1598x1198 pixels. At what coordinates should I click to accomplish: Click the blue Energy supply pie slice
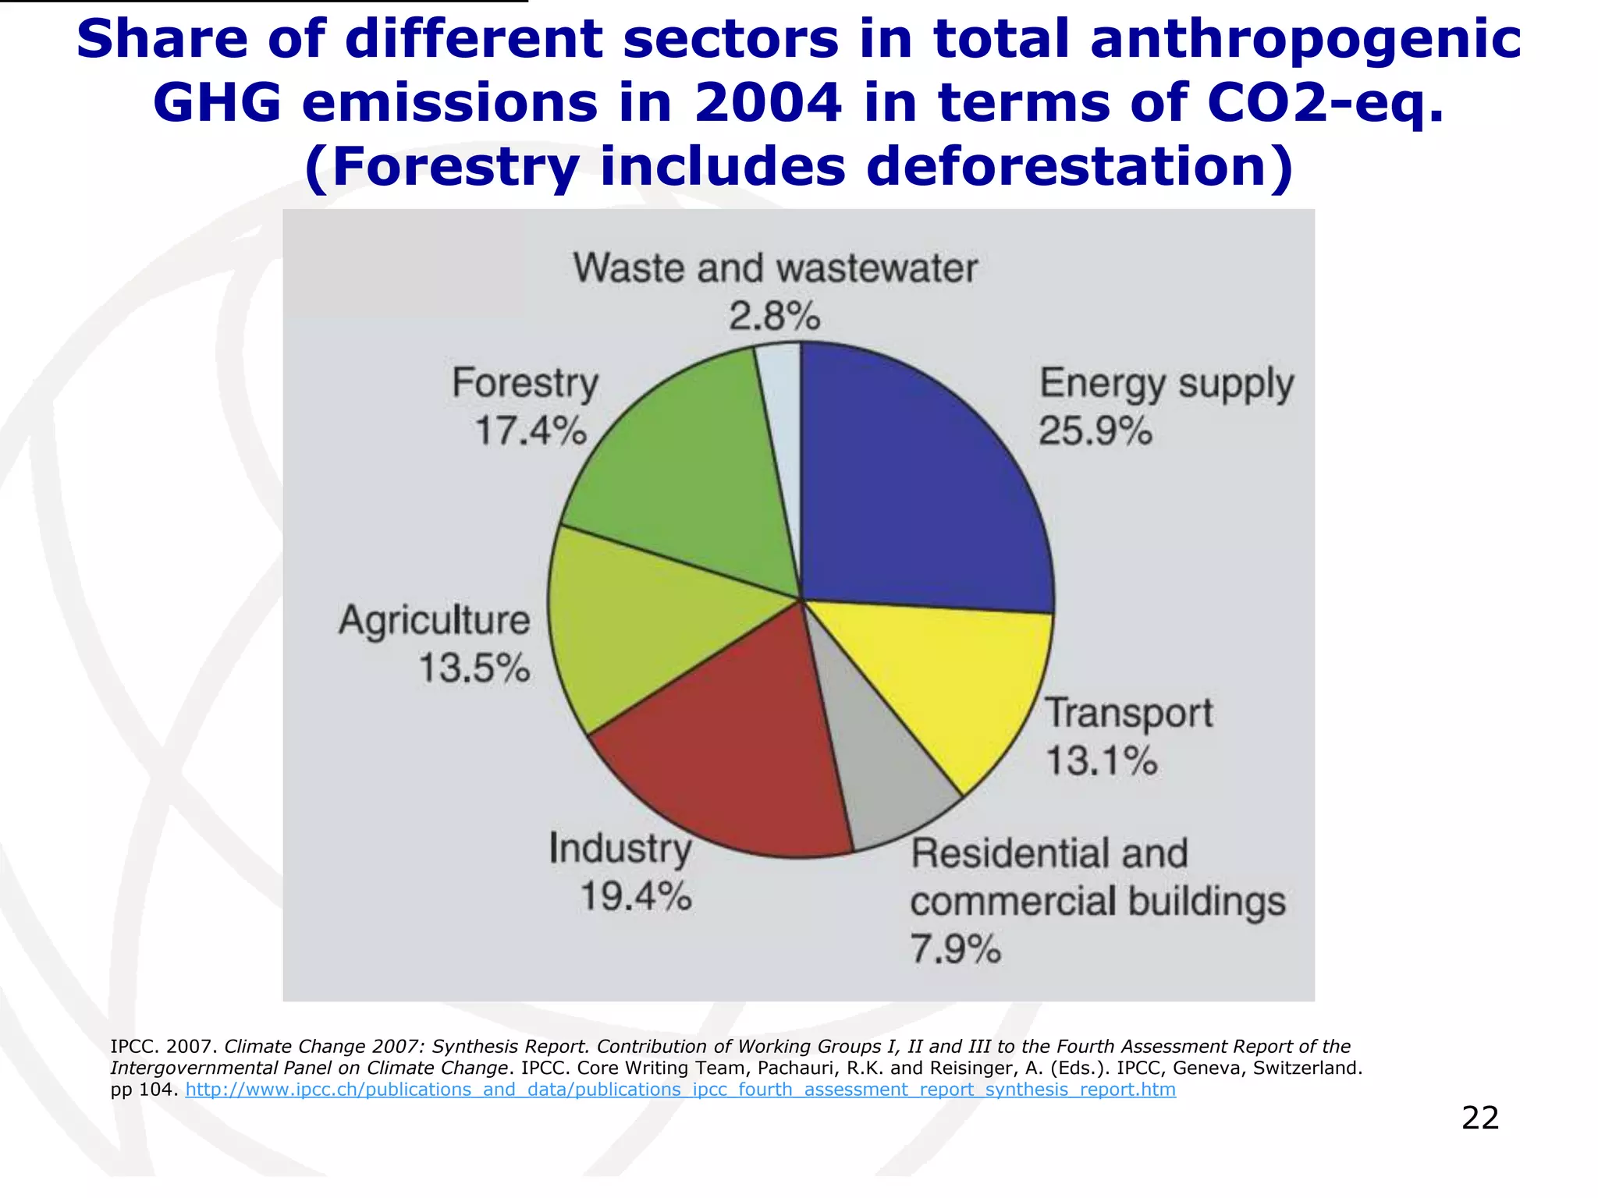pos(921,484)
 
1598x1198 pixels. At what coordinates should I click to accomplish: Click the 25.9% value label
pos(1095,431)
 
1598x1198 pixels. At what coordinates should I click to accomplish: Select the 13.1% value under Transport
pos(1101,761)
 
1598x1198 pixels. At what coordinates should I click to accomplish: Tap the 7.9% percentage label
pos(955,950)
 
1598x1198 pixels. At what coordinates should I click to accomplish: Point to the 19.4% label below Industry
pos(636,897)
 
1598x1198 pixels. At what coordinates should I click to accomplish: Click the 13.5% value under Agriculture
pos(474,668)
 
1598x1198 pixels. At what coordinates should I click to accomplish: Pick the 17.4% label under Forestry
pos(531,431)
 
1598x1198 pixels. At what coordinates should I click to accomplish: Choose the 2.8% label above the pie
pos(775,317)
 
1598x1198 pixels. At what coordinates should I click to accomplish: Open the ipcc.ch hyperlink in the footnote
pos(680,1090)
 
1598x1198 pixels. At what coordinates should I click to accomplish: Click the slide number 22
pos(1479,1118)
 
